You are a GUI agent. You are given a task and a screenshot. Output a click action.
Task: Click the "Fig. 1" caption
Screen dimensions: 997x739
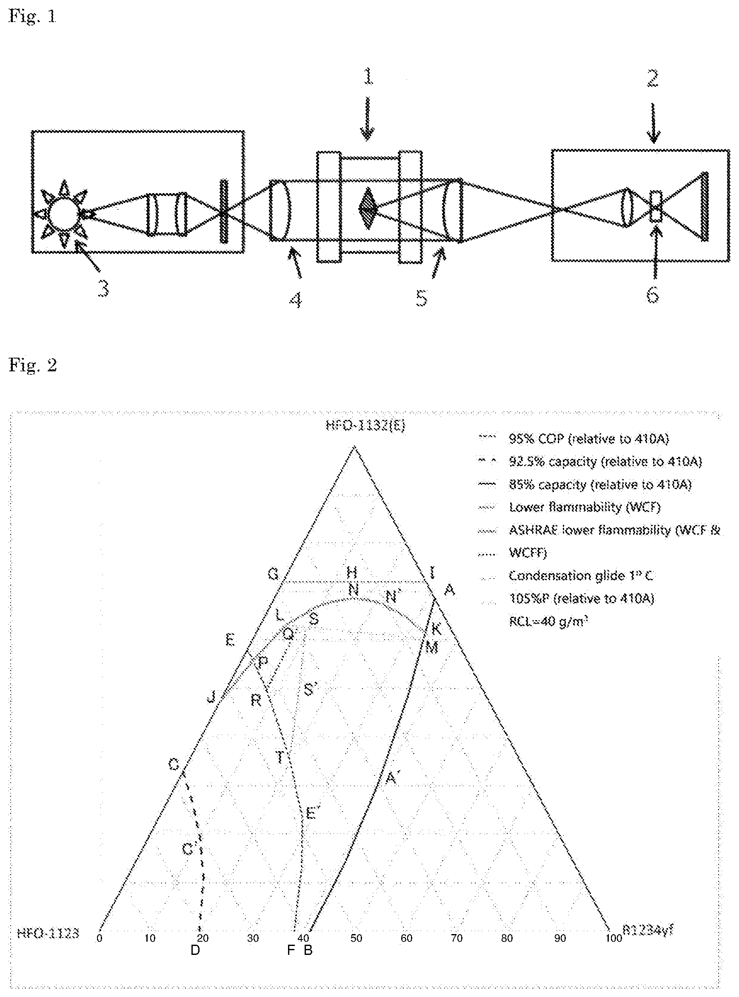pos(33,17)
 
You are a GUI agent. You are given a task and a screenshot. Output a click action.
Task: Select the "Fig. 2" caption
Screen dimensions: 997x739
pos(33,365)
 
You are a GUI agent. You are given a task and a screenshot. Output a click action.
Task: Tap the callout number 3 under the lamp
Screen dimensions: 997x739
pos(103,289)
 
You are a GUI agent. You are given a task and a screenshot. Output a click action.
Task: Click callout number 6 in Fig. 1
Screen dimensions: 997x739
pos(653,295)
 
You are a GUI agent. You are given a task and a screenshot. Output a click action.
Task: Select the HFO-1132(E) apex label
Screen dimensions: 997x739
pos(365,425)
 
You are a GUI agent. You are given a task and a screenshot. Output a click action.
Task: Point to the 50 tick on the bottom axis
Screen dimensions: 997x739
pos(356,938)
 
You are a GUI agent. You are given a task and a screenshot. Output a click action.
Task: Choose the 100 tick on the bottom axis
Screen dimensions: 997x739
pos(614,938)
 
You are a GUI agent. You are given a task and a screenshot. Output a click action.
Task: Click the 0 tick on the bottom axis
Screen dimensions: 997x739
pos(99,938)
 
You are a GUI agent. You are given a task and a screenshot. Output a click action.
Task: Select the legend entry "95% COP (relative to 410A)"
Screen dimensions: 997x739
pos(588,439)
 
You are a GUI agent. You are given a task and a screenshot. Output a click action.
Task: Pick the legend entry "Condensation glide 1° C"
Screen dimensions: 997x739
pos(581,575)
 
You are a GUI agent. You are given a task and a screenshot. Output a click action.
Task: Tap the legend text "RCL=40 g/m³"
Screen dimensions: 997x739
pos(548,621)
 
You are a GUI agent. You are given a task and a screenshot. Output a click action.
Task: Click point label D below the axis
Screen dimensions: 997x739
pos(195,950)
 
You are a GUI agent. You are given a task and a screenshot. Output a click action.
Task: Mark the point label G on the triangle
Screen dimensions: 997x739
pos(273,574)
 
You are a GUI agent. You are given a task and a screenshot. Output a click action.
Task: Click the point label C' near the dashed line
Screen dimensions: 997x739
pos(188,849)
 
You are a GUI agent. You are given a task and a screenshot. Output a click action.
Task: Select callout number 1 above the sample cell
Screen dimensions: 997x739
pos(368,77)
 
